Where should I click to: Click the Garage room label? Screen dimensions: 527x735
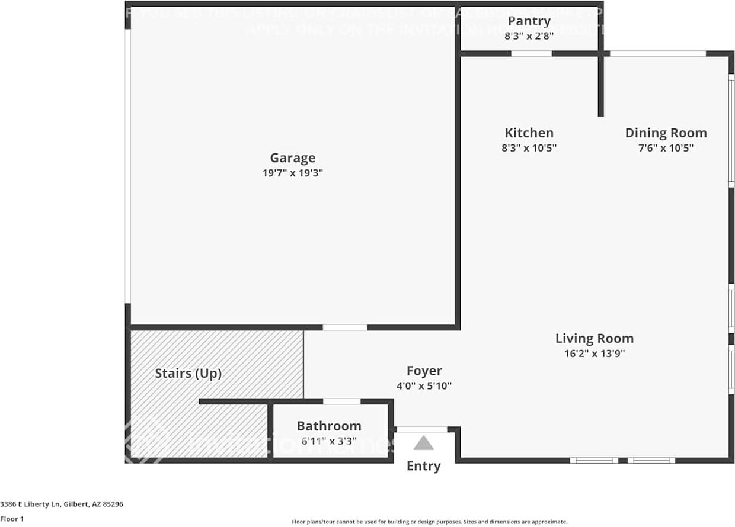292,158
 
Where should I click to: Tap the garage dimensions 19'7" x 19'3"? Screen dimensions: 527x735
292,173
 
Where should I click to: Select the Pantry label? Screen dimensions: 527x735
529,21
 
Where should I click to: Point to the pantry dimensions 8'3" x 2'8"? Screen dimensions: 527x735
529,36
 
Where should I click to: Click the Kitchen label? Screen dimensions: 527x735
529,133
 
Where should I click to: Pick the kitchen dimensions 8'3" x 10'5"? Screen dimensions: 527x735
529,148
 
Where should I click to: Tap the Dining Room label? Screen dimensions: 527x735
666,133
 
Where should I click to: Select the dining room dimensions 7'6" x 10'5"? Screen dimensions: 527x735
666,148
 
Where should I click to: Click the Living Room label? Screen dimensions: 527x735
594,339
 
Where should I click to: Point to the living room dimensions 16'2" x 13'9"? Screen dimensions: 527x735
594,354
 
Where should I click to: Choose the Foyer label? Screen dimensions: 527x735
424,371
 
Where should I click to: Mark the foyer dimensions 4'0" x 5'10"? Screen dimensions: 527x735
424,386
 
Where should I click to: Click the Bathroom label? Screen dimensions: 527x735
329,426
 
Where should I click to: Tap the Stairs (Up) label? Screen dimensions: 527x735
188,374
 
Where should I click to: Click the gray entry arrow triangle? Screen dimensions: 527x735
423,444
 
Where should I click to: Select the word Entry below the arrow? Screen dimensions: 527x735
423,466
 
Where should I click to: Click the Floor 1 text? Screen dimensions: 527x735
12,519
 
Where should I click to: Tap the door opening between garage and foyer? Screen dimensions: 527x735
344,327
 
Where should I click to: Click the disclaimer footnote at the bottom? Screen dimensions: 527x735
429,522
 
